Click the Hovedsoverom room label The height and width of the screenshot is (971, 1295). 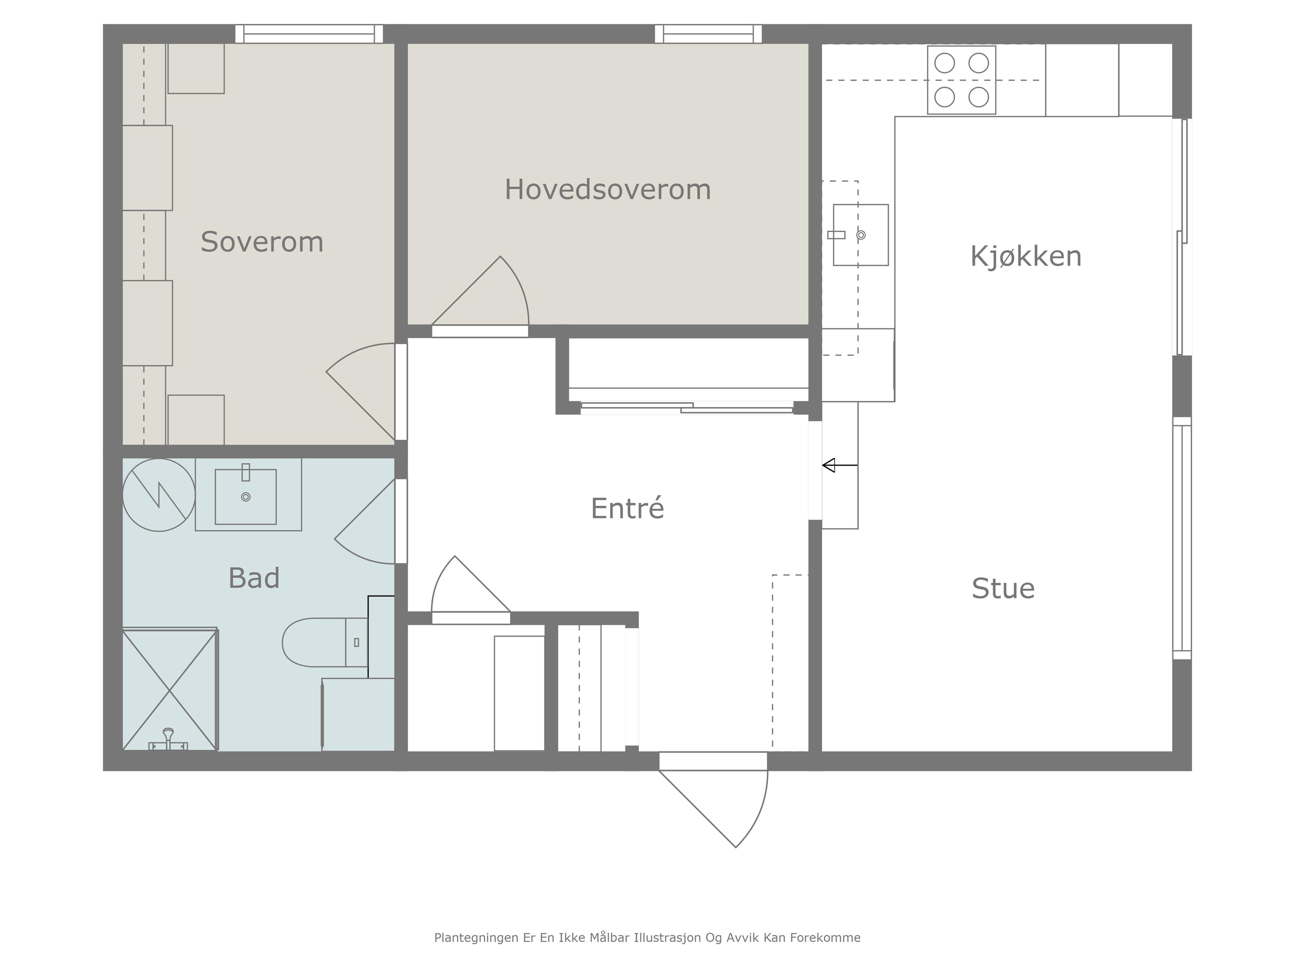click(608, 189)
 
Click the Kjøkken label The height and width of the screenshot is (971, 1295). click(1026, 256)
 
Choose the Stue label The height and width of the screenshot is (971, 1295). click(1003, 588)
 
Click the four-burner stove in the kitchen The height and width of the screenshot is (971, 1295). click(961, 80)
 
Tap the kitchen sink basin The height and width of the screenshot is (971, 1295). click(861, 235)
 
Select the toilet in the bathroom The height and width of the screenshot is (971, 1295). click(325, 642)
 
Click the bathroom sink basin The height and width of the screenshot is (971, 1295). click(246, 496)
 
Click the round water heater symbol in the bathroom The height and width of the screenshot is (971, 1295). click(159, 495)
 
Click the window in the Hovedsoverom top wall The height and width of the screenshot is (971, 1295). click(709, 34)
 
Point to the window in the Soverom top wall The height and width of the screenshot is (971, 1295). click(309, 34)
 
